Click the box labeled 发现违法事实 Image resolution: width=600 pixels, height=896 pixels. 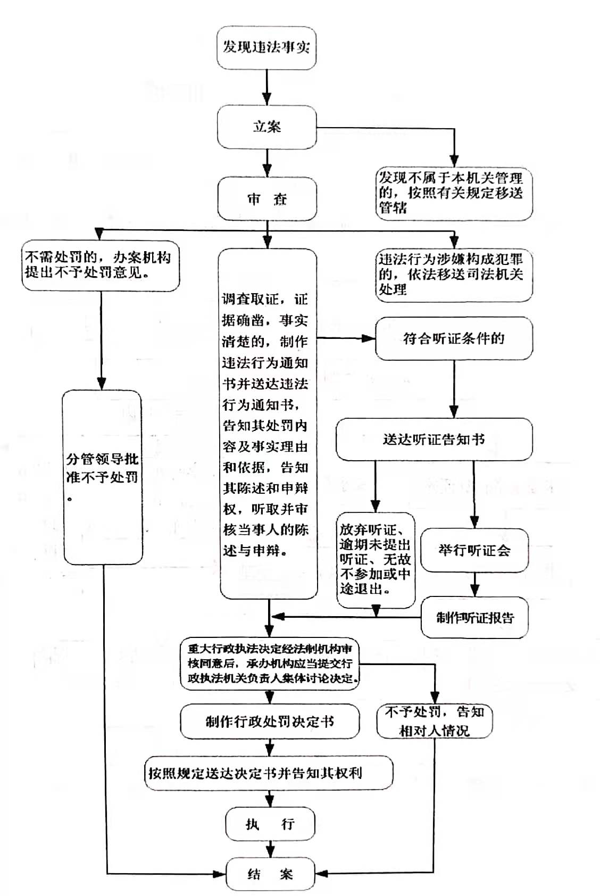[266, 47]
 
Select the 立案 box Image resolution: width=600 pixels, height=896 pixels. [266, 127]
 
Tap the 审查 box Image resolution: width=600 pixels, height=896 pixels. [266, 199]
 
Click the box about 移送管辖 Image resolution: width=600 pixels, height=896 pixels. [453, 193]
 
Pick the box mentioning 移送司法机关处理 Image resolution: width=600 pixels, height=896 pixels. [453, 275]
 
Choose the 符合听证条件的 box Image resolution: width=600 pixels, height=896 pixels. [453, 338]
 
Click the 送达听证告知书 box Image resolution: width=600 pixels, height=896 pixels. [434, 439]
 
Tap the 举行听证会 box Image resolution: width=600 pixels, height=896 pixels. [474, 550]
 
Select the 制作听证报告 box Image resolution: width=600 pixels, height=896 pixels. [474, 618]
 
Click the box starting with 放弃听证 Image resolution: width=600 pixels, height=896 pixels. [376, 560]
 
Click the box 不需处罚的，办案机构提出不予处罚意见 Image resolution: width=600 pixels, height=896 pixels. [100, 266]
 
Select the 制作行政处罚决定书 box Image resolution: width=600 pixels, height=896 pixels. [270, 721]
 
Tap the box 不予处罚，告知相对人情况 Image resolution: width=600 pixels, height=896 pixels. [434, 721]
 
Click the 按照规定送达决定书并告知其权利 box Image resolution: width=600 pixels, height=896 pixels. [269, 773]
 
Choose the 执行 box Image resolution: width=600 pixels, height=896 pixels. [270, 824]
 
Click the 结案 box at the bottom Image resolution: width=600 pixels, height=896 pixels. [270, 874]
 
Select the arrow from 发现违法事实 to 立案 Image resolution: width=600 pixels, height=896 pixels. [266, 87]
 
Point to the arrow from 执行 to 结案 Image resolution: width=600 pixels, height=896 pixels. [270, 849]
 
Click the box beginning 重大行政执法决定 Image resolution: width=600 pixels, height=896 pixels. [270, 663]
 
